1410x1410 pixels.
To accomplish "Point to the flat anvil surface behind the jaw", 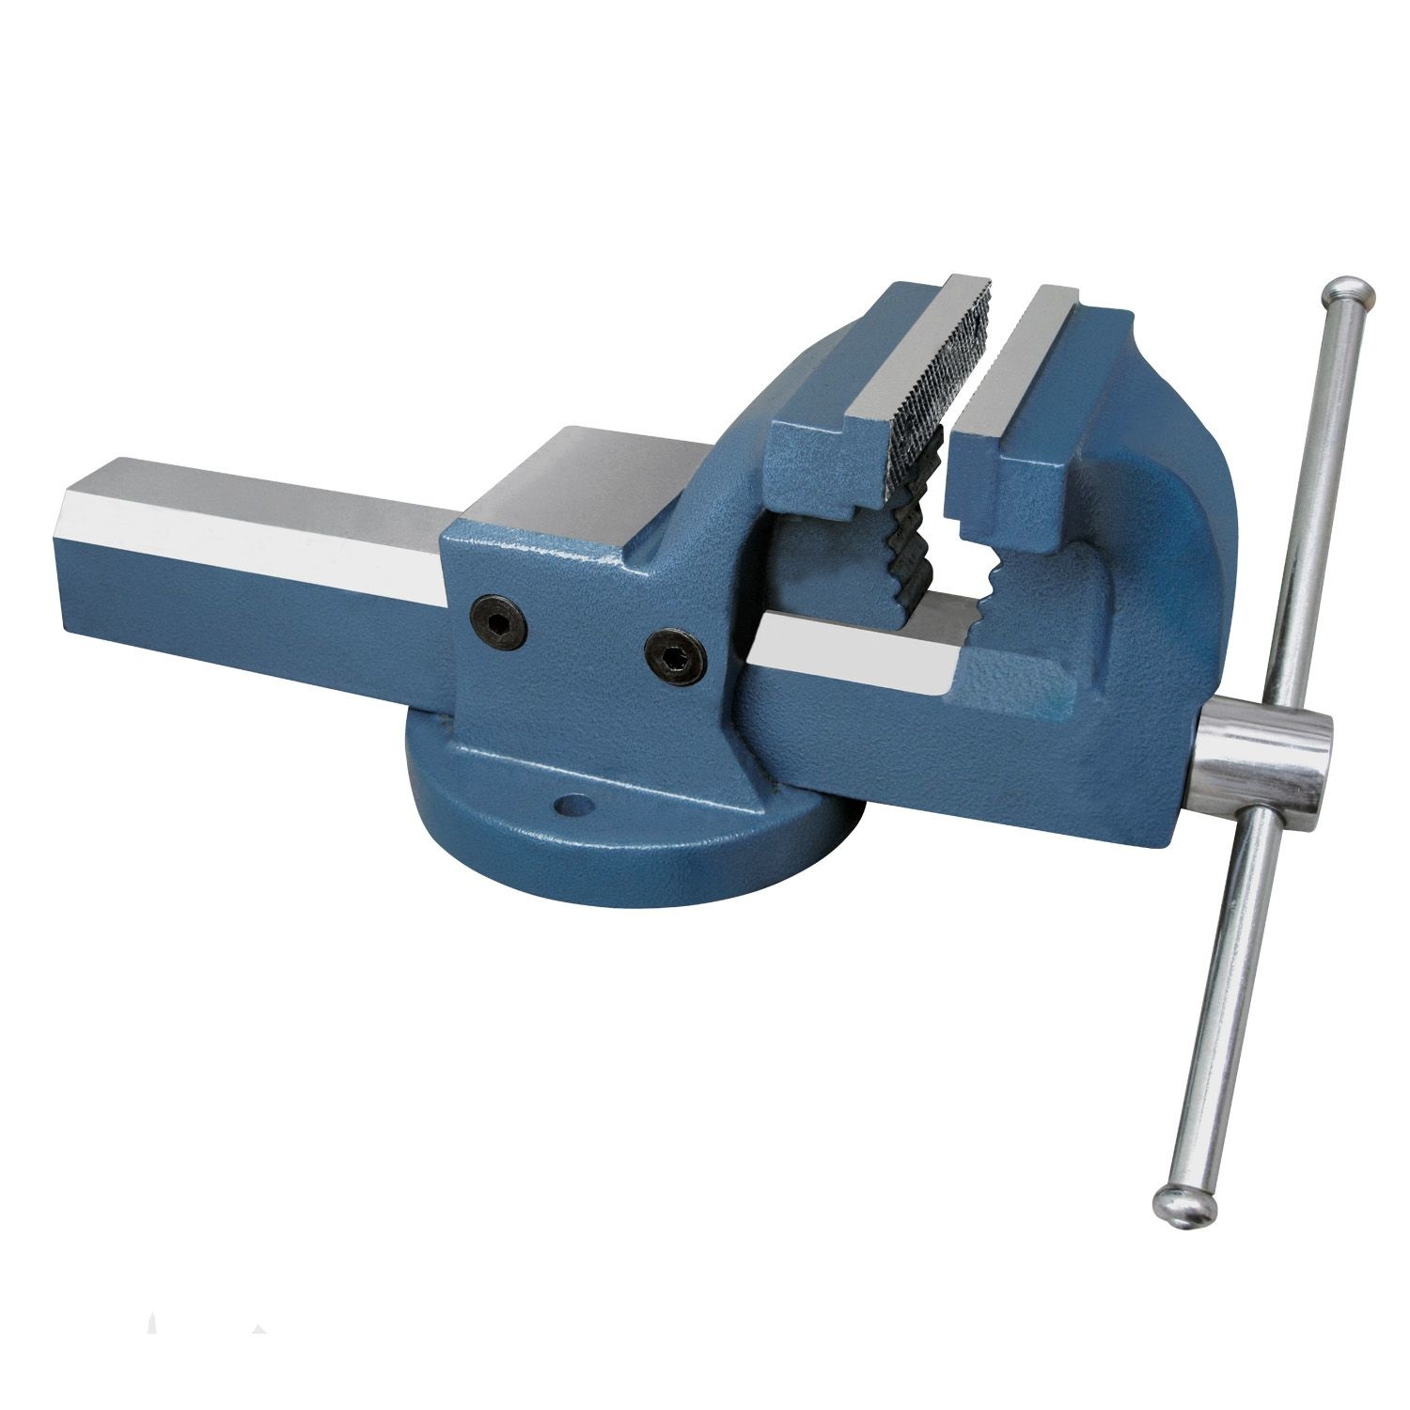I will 602,479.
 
